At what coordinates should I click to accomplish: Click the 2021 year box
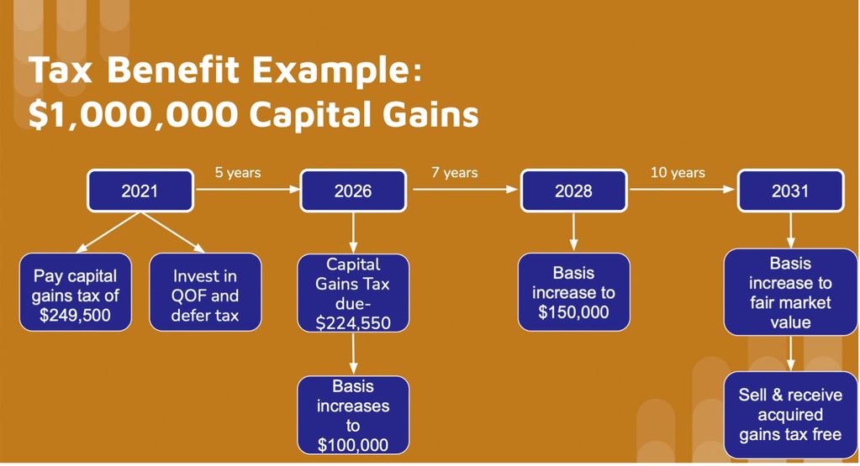coord(140,191)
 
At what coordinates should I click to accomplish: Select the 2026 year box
coord(353,191)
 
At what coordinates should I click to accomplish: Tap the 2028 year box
coord(573,191)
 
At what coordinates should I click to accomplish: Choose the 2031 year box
coord(790,191)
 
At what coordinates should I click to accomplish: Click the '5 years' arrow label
coord(237,172)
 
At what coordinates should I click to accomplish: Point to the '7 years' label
coord(454,172)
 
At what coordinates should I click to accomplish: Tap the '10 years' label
coord(678,172)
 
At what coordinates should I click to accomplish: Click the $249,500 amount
coord(75,316)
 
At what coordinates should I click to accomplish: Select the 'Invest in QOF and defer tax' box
coord(205,292)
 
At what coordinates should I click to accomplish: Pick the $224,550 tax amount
coord(353,323)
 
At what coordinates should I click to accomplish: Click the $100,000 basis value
coord(353,445)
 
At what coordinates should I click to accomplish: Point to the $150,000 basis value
coord(573,312)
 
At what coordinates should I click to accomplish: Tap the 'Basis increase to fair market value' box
coord(790,292)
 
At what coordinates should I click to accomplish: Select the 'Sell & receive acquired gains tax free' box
coord(790,415)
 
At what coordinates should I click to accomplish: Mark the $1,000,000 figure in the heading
coord(134,114)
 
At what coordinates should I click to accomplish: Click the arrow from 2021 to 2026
coord(248,190)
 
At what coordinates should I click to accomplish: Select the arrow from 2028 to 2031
coord(682,190)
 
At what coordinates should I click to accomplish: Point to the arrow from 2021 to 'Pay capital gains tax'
coord(108,233)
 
